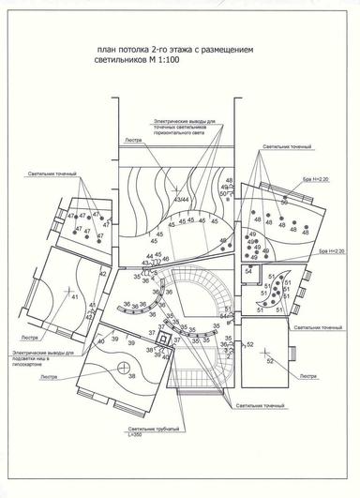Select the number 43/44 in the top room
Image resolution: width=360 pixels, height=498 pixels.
178,198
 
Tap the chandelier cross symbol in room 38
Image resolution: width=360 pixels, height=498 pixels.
123,367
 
